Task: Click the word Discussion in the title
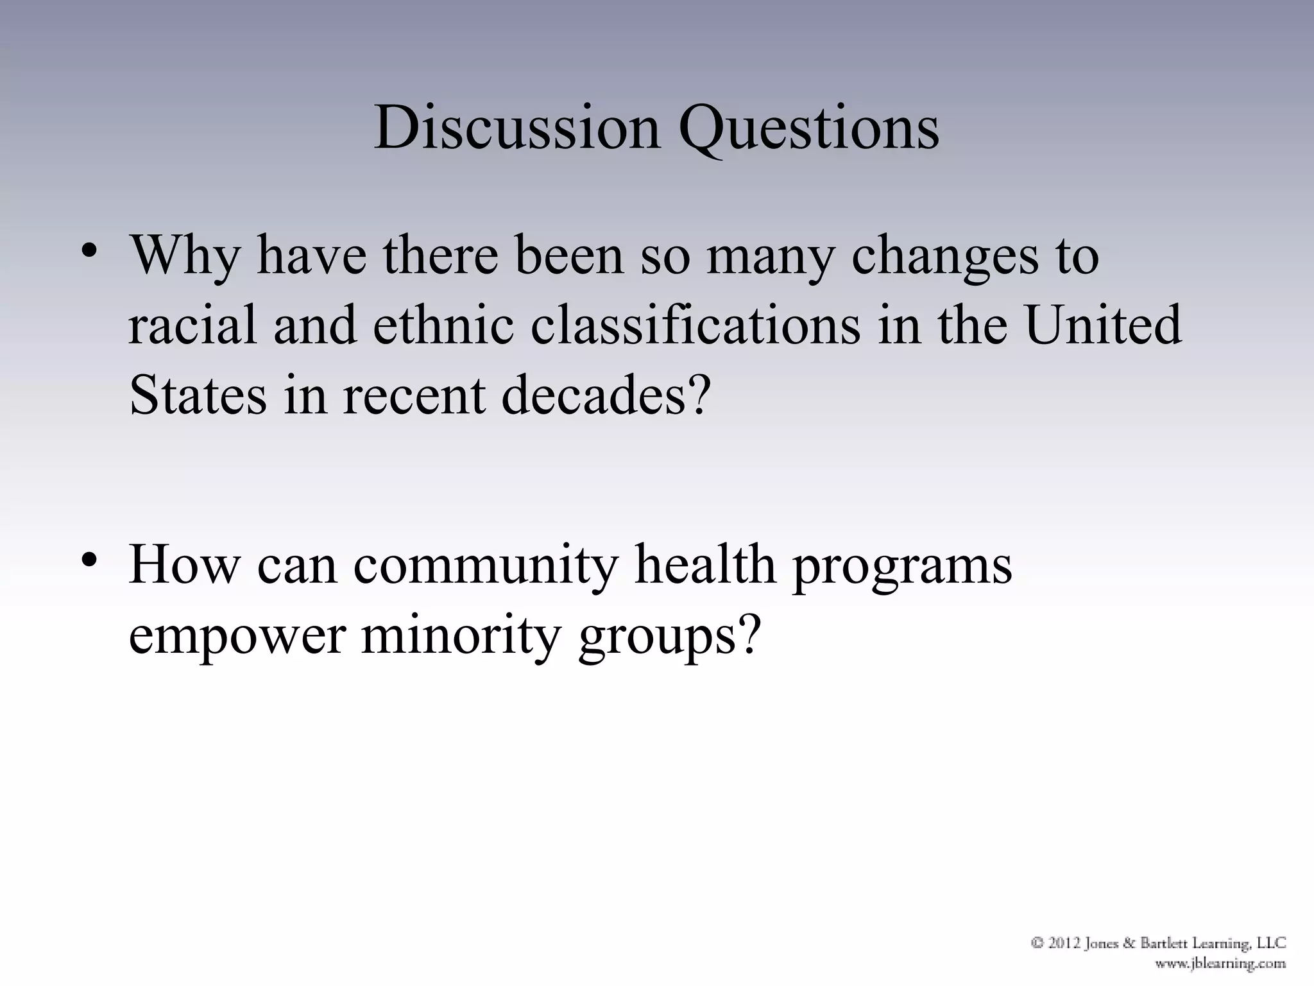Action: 516,128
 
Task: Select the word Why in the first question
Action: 185,257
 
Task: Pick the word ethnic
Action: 443,325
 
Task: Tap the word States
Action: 198,394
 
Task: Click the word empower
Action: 237,637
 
